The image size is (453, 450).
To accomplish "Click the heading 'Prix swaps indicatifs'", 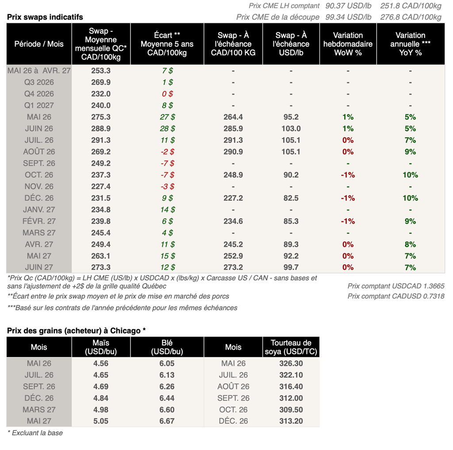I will (x=45, y=17).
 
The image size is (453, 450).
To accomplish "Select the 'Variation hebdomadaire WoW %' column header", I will (x=348, y=44).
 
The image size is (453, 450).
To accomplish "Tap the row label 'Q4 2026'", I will (x=39, y=94).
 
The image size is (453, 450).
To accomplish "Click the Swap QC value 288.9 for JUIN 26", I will (x=101, y=128).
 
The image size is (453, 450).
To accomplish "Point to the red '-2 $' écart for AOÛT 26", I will (x=167, y=151).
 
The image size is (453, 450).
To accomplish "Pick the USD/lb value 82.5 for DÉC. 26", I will (x=291, y=198).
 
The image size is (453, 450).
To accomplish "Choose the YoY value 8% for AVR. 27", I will (x=410, y=244).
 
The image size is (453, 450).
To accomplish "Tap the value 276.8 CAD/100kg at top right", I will (x=411, y=17).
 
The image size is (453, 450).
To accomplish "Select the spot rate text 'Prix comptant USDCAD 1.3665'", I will (x=396, y=286).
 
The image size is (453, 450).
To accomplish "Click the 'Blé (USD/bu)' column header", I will (x=167, y=347).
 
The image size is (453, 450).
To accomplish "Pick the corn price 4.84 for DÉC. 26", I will (x=101, y=398).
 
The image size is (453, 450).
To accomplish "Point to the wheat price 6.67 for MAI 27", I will (x=167, y=421).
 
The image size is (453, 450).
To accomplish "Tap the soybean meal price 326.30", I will (x=291, y=363).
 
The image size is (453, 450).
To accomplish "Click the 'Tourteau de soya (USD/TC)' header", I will (x=291, y=347).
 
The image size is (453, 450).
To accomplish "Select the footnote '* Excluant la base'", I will (x=35, y=433).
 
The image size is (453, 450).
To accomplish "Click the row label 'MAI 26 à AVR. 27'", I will (x=39, y=70).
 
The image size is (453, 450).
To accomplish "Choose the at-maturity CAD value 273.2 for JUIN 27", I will (x=233, y=267).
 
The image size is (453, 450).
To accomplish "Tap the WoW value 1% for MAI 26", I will (x=348, y=117).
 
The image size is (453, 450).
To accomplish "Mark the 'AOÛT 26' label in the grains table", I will (x=233, y=386).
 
